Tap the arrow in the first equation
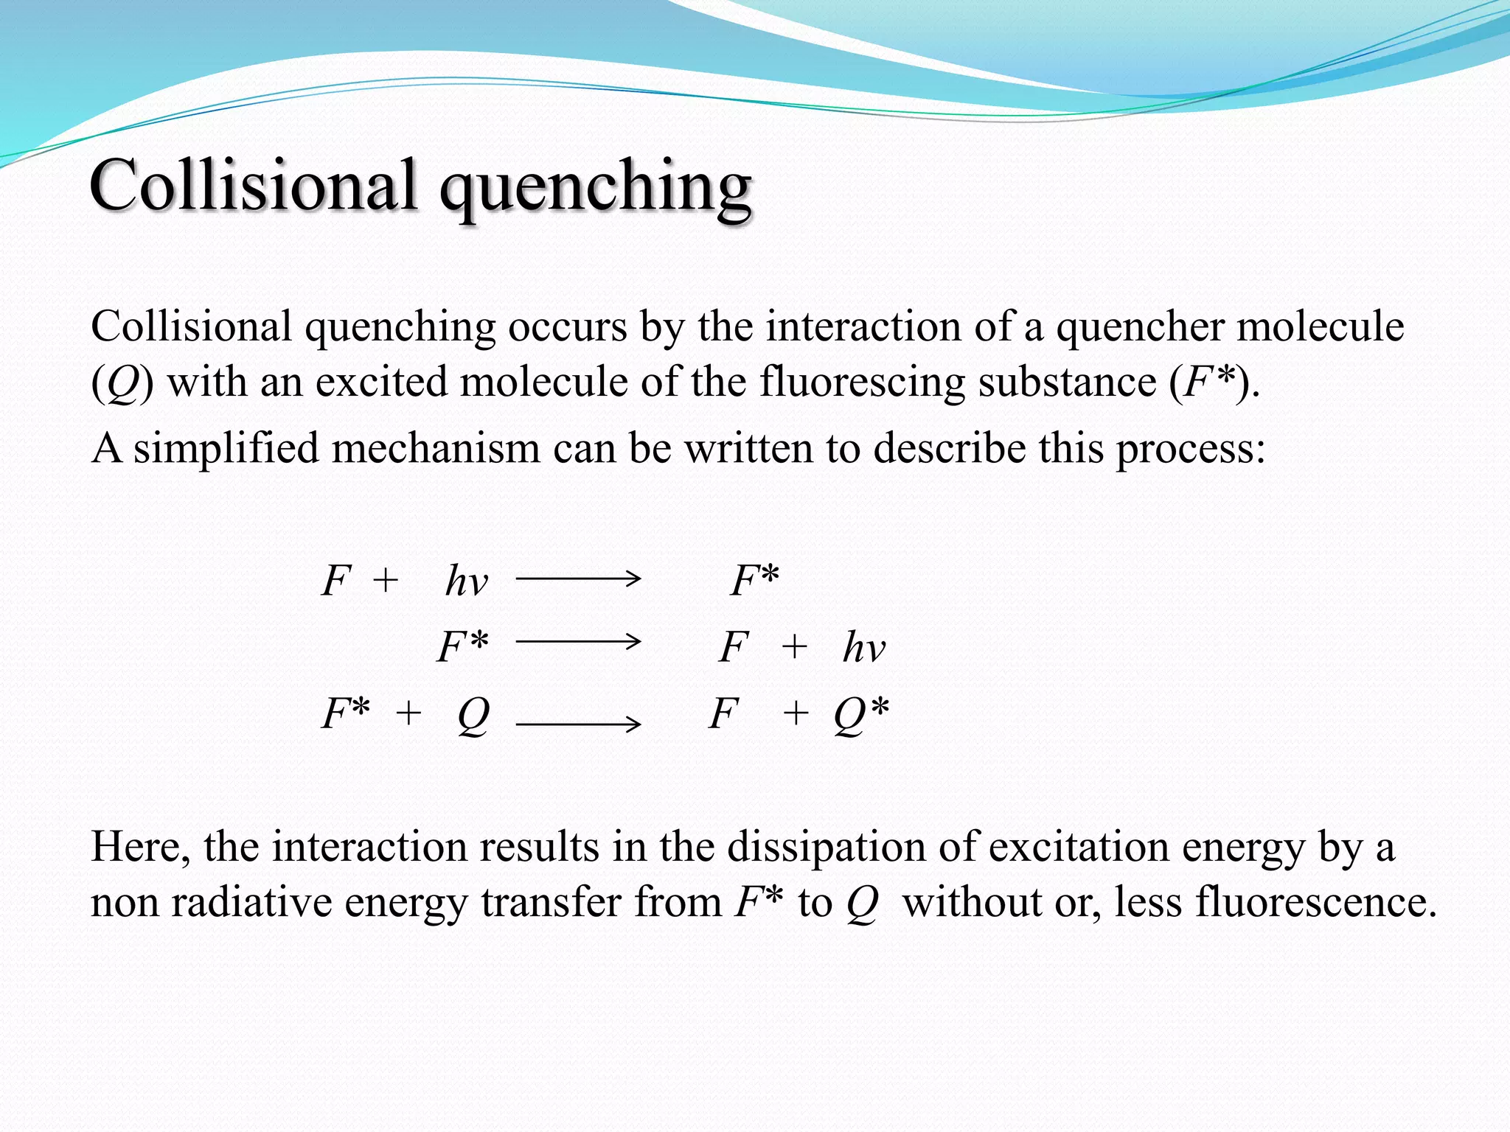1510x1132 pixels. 578,579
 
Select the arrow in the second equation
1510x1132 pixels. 578,642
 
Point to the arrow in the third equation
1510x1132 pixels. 578,724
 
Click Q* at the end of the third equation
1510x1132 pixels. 861,714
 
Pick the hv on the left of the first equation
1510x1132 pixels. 466,581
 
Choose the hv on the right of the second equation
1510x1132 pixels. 863,647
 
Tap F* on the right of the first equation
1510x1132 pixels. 754,580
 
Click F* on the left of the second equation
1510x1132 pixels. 462,646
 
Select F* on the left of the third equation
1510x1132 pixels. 346,713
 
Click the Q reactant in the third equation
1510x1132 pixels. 473,714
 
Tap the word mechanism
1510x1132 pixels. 436,447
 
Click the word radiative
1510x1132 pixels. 251,901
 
